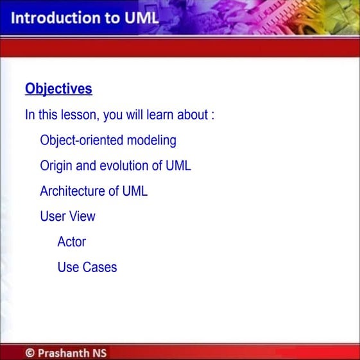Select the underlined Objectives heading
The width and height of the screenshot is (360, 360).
pos(58,89)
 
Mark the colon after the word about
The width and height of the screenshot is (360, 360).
pos(212,116)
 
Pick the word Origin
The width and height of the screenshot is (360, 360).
pos(56,166)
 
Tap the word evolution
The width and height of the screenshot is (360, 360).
pos(123,166)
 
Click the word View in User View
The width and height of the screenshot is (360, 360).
pos(82,216)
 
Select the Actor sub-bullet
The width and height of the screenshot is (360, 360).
pos(71,242)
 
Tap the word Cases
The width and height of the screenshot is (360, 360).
pos(99,267)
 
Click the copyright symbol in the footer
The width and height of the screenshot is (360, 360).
pos(30,353)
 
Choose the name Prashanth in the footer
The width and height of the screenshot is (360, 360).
pos(63,353)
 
